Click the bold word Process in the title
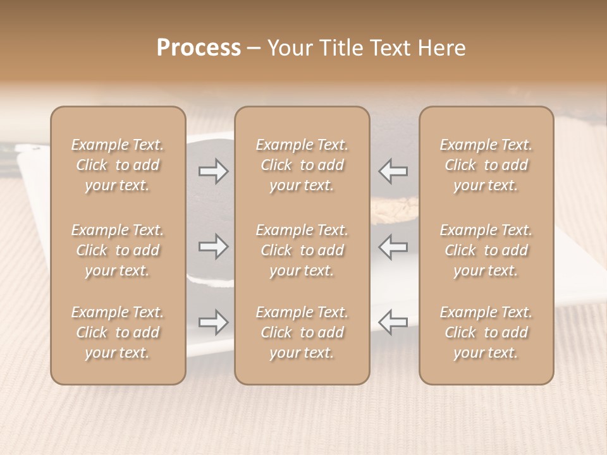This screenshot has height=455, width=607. click(199, 48)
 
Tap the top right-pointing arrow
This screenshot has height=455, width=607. click(214, 171)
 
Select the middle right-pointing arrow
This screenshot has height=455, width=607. click(214, 246)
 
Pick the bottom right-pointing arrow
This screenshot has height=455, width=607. click(214, 322)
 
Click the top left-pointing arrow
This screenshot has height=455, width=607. click(393, 171)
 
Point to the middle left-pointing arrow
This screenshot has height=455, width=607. click(393, 246)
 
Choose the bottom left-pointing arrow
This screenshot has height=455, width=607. click(393, 322)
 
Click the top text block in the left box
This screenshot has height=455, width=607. click(118, 165)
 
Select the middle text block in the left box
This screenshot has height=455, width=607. click(118, 250)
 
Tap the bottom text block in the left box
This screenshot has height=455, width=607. click(118, 332)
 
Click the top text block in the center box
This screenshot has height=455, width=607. click(302, 165)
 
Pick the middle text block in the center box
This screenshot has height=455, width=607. click(302, 250)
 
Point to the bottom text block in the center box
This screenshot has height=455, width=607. click(302, 332)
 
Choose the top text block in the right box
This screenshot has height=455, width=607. click(486, 165)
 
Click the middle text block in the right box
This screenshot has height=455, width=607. click(486, 250)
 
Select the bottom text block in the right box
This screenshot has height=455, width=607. click(486, 332)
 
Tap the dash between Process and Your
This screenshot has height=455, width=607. click(254, 49)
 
